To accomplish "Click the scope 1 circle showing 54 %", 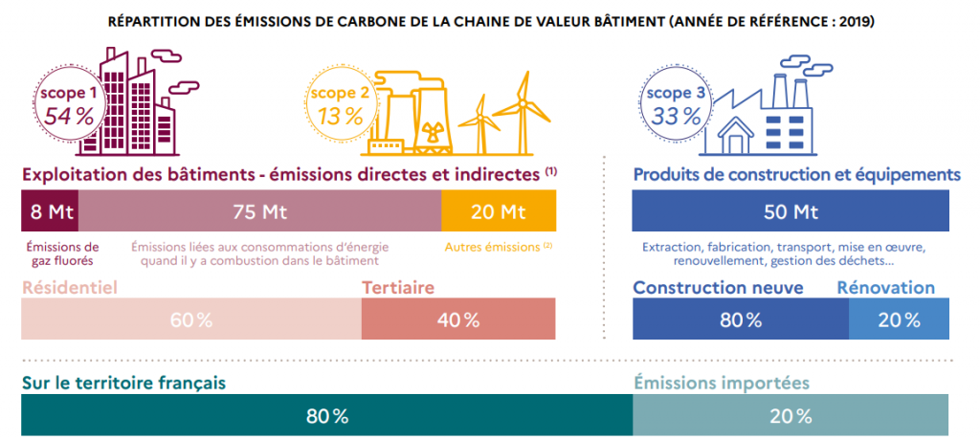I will (x=66, y=104).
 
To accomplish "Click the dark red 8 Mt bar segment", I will (x=50, y=211).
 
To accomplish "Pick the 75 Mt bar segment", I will (x=259, y=211).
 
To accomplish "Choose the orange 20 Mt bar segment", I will (x=499, y=211).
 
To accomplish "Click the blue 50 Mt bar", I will (x=791, y=211).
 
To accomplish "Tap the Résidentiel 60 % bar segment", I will (x=191, y=319).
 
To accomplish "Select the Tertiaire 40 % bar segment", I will (x=458, y=319).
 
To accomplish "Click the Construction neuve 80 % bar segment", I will (x=741, y=319).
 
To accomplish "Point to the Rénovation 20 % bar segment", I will (x=899, y=319).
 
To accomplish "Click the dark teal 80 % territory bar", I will (x=326, y=416).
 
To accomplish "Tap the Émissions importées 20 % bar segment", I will (x=791, y=416).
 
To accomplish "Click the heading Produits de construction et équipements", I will (x=796, y=175).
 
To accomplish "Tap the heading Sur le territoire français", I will (x=123, y=383).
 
